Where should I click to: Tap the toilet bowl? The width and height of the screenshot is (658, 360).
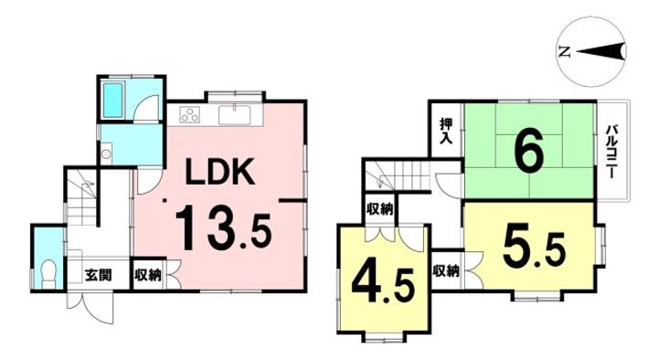[48, 271]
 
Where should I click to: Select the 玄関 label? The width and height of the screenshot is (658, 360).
[98, 274]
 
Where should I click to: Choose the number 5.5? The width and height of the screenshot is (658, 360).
[531, 244]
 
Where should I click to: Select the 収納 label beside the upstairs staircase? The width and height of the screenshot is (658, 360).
[381, 209]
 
